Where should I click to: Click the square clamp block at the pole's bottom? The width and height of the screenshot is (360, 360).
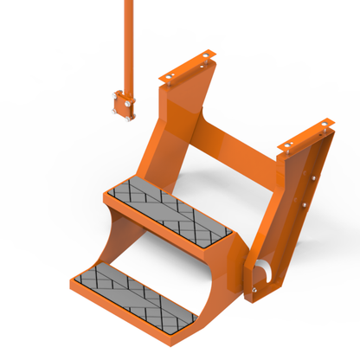122,106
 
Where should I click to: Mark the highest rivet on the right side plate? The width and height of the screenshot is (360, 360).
309,178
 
